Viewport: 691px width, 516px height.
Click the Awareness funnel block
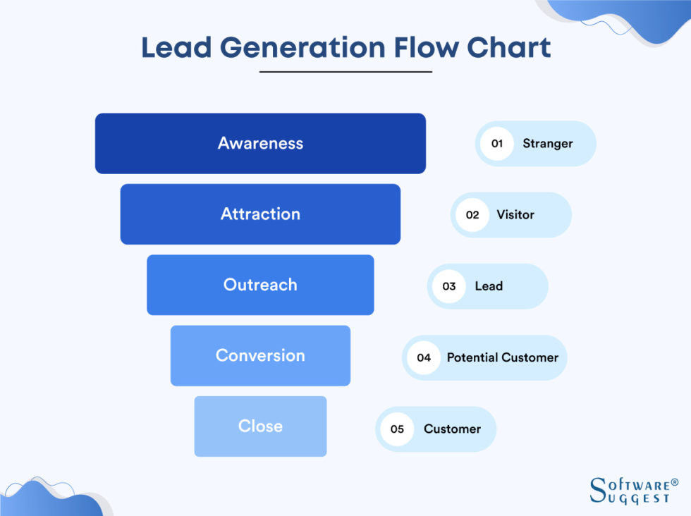point(260,143)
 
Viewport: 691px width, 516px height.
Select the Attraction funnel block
point(260,214)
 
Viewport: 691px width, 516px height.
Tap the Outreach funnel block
point(260,285)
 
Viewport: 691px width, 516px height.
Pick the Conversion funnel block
point(260,355)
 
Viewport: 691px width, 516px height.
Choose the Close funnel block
point(260,426)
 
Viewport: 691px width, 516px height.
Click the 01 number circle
point(497,144)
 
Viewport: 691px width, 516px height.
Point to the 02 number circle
point(472,215)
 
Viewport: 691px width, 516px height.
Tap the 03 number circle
point(449,286)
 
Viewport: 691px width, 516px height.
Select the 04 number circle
point(424,357)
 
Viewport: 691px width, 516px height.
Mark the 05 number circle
point(397,429)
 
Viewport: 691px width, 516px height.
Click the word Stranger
point(547,144)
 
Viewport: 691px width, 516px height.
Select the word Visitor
point(515,215)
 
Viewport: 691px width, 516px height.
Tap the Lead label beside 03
point(489,286)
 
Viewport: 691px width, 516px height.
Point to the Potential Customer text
point(502,357)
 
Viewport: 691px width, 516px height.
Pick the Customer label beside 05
point(452,429)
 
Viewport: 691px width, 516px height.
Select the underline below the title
point(345,72)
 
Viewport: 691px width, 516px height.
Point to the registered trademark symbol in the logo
point(675,483)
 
